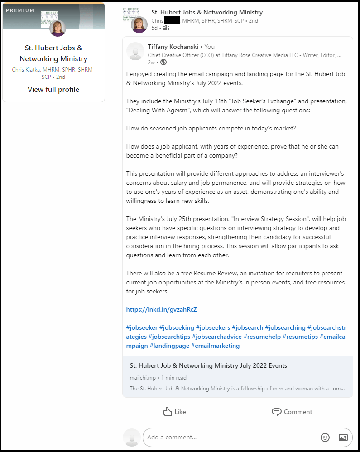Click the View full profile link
pyautogui.click(x=53, y=90)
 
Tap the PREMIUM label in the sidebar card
pyautogui.click(x=20, y=10)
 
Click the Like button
pyautogui.click(x=174, y=412)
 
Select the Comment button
pyautogui.click(x=292, y=412)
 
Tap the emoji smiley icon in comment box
pyautogui.click(x=325, y=438)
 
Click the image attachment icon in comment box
pyautogui.click(x=343, y=438)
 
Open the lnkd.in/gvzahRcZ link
pyautogui.click(x=162, y=310)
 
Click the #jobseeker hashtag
pyautogui.click(x=142, y=327)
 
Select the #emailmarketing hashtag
pyautogui.click(x=215, y=346)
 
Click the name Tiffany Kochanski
pyautogui.click(x=173, y=47)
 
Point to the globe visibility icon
pyautogui.click(x=163, y=62)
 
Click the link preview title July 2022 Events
pyautogui.click(x=208, y=365)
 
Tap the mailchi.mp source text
pyautogui.click(x=142, y=378)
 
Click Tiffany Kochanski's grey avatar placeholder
pyautogui.click(x=135, y=51)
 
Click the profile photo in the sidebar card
pyautogui.click(x=58, y=28)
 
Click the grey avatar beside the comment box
pyautogui.click(x=132, y=438)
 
